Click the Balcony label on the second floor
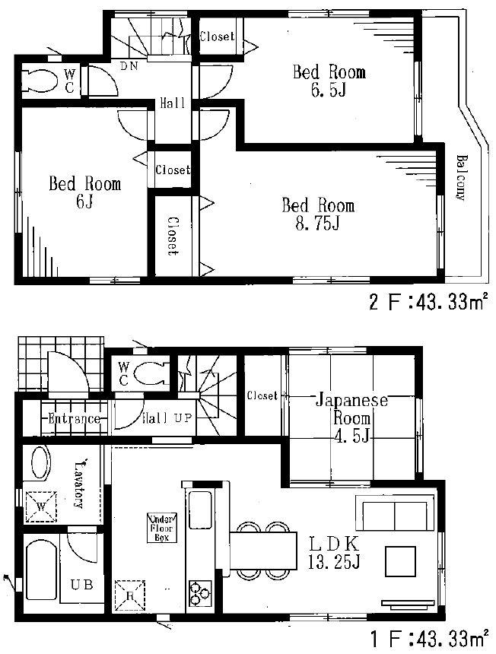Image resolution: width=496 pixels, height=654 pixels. (x=460, y=176)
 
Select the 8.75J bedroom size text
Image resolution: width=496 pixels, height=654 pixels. (x=318, y=226)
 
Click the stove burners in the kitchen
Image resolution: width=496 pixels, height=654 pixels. (x=202, y=592)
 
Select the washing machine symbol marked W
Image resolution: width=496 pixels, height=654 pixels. (x=40, y=504)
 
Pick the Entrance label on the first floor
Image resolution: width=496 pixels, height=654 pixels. (x=73, y=418)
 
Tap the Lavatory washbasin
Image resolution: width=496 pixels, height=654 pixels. (x=40, y=463)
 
